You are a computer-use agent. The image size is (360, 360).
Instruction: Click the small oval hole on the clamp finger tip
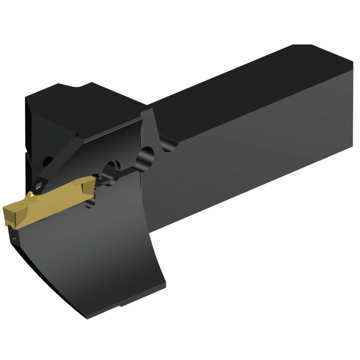coord(40,184)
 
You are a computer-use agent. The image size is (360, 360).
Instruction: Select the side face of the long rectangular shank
coord(253,169)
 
